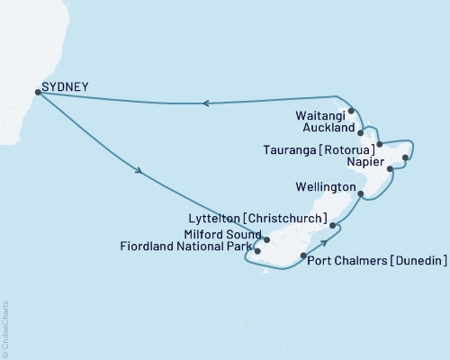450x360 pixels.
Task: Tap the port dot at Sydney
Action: point(37,91)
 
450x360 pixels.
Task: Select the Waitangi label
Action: point(319,115)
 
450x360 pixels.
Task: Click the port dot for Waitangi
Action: point(351,112)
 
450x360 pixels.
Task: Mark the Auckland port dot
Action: point(360,132)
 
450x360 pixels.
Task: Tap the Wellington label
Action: point(325,187)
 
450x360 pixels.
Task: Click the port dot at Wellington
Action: point(360,194)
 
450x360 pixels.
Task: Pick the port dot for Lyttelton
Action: point(332,226)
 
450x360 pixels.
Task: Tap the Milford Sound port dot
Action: point(267,240)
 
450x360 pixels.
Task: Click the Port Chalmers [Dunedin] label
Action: point(378,261)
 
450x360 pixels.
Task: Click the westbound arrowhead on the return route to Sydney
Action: point(205,103)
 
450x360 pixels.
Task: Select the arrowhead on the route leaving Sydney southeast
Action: point(139,170)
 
